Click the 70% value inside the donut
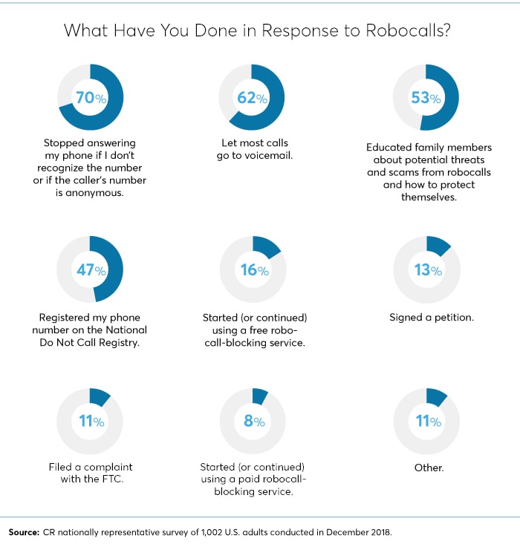(x=90, y=98)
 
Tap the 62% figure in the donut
(x=253, y=98)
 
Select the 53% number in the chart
(x=426, y=98)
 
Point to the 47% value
(x=90, y=269)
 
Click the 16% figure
(x=253, y=269)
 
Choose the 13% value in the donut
(x=426, y=269)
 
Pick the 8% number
(x=254, y=422)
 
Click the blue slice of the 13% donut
(x=439, y=246)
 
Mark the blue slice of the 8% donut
(x=261, y=394)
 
